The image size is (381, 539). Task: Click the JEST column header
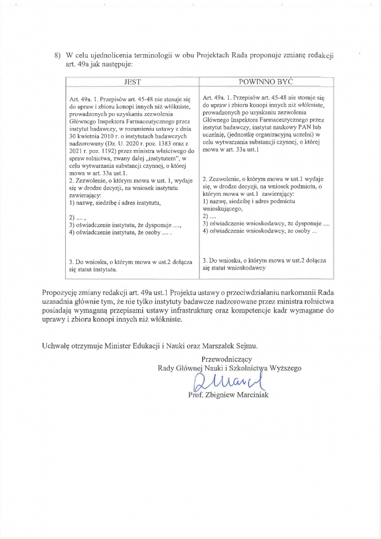pyautogui.click(x=132, y=83)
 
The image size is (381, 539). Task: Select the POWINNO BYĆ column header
pyautogui.click(x=266, y=83)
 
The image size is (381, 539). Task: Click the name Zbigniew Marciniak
pyautogui.click(x=238, y=395)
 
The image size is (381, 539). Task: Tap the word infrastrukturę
pyautogui.click(x=183, y=312)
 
